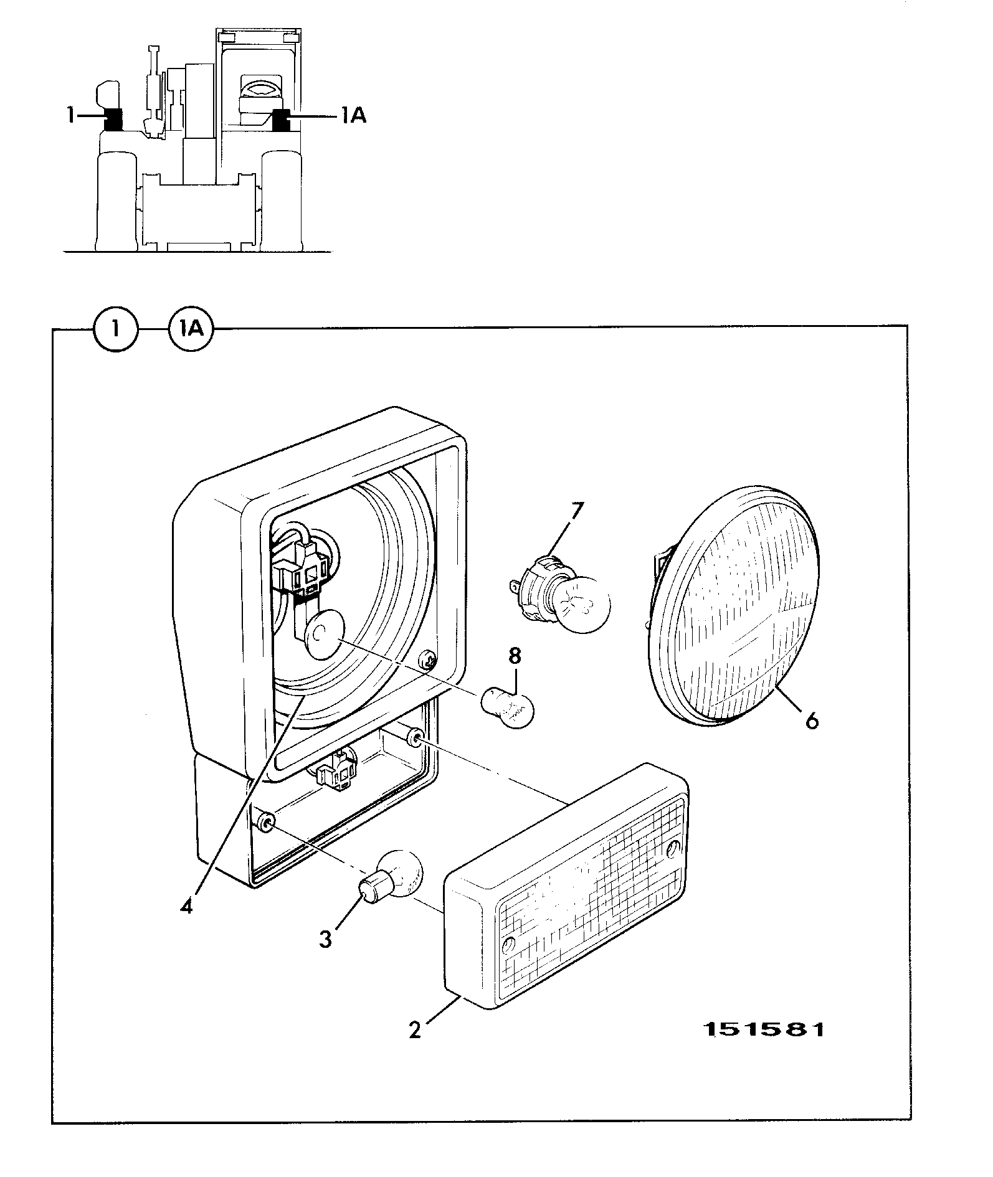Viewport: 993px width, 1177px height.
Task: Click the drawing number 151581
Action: pos(764,1029)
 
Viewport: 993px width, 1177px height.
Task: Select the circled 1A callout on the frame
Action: pos(191,329)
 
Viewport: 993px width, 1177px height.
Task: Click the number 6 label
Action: pos(811,721)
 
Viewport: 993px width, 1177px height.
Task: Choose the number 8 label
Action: pos(515,657)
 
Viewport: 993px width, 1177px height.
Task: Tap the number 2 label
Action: pos(415,1029)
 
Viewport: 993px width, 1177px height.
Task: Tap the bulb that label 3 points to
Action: pos(392,879)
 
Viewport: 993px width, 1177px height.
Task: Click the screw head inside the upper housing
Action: pos(427,659)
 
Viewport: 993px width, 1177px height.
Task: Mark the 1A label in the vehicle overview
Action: pos(353,115)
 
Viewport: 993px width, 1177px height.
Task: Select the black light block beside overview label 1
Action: pos(113,120)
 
